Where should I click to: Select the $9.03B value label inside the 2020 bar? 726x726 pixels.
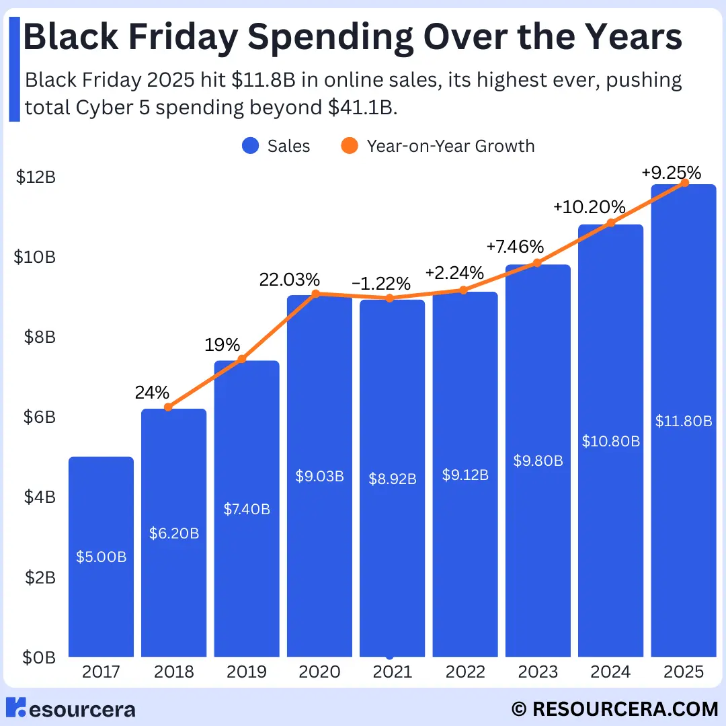tap(319, 476)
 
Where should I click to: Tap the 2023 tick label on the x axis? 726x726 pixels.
tap(538, 672)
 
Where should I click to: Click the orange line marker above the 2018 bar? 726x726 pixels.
tap(169, 407)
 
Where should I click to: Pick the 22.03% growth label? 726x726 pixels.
tap(290, 280)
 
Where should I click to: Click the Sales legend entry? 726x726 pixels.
tap(276, 146)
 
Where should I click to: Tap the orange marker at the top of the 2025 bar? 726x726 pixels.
tap(684, 182)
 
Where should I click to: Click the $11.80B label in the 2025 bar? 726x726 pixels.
tap(684, 421)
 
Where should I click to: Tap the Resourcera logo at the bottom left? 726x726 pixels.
tap(70, 708)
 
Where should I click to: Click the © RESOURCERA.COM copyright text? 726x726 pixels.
tap(614, 709)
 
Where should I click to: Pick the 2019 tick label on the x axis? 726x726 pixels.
tap(247, 672)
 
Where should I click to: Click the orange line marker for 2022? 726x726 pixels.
tap(462, 290)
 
